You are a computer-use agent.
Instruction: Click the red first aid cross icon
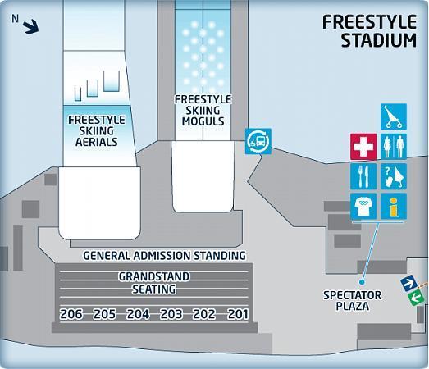pos(363,147)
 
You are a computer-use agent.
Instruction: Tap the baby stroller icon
pos(394,116)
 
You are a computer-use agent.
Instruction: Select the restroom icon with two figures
pos(394,147)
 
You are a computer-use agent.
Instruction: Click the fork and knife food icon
pos(363,176)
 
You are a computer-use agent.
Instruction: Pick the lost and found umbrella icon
pos(394,176)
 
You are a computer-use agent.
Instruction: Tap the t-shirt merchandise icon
pos(363,207)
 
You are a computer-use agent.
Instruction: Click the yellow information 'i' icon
pos(394,207)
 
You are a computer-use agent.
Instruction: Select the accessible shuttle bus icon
pos(258,141)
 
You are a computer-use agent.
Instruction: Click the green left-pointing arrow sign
pos(416,298)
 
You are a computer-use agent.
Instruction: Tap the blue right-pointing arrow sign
pos(408,284)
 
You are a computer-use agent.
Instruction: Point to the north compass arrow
pos(30,26)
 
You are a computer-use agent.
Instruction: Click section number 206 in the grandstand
pos(71,314)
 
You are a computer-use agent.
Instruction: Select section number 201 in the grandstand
pos(238,314)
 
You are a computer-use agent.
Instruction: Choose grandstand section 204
pos(138,314)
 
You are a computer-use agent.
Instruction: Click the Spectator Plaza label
pos(353,301)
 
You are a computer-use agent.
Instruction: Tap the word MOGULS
pos(203,121)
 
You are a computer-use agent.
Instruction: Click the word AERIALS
pos(96,142)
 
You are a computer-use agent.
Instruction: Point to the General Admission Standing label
pos(164,256)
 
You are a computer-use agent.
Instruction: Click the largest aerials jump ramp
pos(112,81)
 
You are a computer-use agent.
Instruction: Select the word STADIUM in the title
pos(379,40)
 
